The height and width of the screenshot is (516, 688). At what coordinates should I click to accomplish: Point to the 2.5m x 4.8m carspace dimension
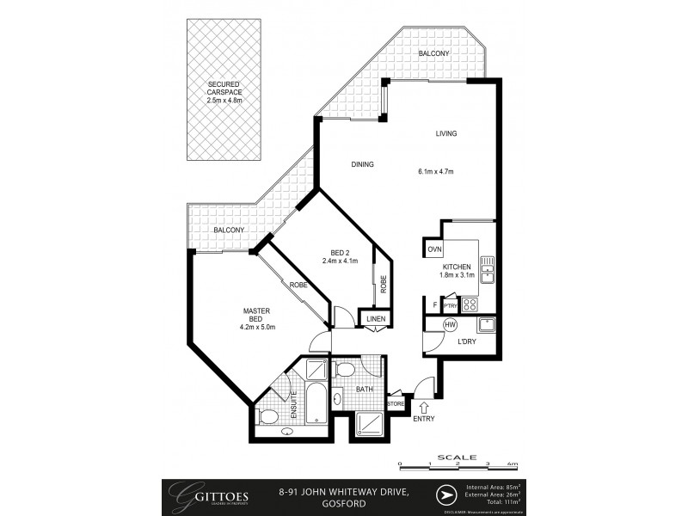coord(225,101)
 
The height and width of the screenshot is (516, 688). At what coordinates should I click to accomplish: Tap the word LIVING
coord(445,133)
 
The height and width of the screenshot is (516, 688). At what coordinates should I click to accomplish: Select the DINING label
coord(362,163)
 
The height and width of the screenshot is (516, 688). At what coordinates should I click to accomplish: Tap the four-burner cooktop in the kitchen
coord(470,304)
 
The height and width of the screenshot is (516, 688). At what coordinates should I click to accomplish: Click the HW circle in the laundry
coord(450,325)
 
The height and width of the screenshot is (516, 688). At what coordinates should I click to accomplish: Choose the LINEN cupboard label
coord(376,320)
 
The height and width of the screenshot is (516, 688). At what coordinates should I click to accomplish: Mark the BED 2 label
coord(340,252)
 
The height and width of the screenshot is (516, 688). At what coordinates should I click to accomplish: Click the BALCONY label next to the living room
coord(433,53)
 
